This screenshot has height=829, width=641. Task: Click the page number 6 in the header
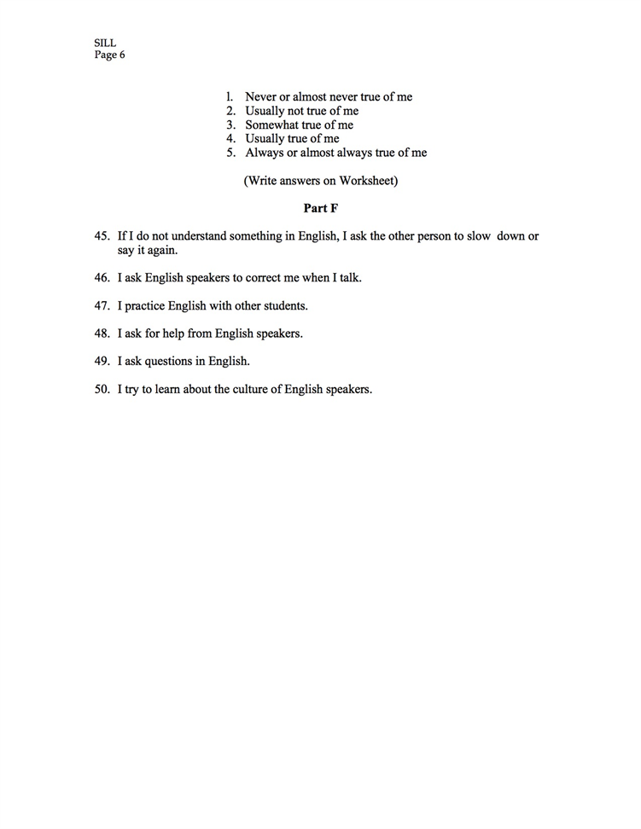coord(122,55)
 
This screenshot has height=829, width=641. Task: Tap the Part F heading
coord(321,208)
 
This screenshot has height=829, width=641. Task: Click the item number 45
coord(102,236)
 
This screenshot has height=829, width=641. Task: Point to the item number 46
coord(102,278)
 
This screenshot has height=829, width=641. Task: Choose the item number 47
coord(102,305)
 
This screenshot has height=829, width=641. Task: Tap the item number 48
coord(102,333)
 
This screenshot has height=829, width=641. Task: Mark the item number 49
coord(102,361)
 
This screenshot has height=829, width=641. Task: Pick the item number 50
coord(102,389)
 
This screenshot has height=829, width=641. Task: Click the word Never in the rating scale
coord(261,97)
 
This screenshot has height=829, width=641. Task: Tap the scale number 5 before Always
coord(230,154)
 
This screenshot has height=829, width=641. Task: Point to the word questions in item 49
coord(169,361)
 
